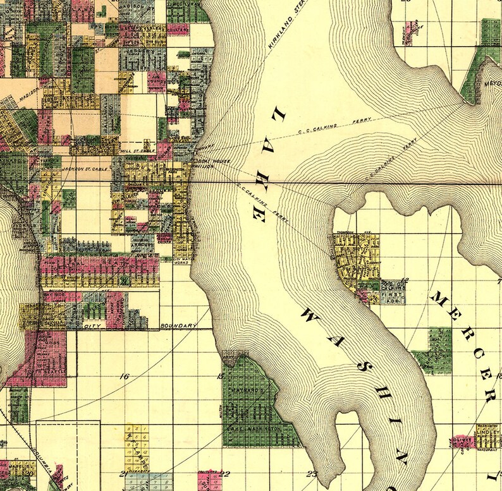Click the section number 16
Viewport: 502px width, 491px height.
click(x=124, y=377)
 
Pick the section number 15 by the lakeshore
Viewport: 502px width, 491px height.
click(x=220, y=377)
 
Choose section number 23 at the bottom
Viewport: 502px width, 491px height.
click(x=311, y=473)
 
